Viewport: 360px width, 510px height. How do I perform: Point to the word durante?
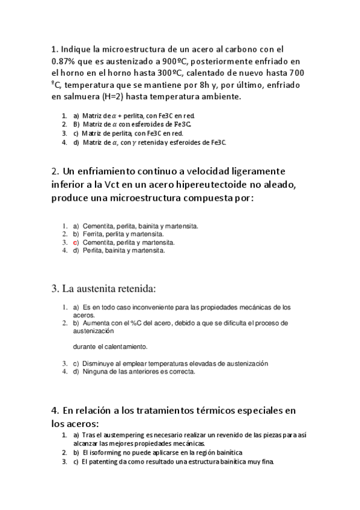coord(84,347)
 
